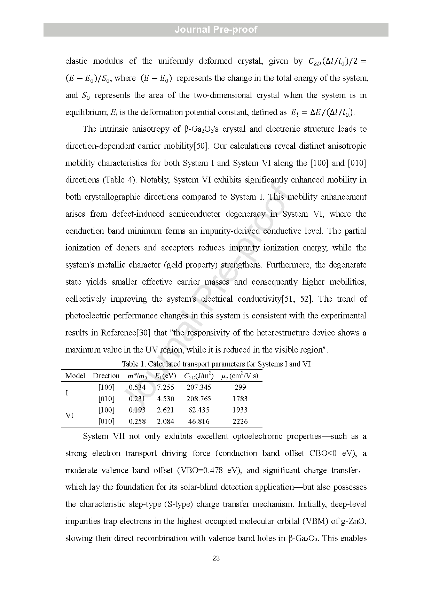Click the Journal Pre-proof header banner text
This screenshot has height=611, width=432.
pyautogui.click(x=216, y=30)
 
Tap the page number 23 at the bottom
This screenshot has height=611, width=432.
pyautogui.click(x=216, y=558)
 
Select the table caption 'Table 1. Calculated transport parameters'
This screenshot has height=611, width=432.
pyautogui.click(x=216, y=364)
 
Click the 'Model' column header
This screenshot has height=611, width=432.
pyautogui.click(x=75, y=376)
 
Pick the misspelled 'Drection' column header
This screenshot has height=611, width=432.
pyautogui.click(x=106, y=376)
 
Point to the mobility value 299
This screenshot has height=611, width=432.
pyautogui.click(x=240, y=387)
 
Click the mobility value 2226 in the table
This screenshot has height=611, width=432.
pyautogui.click(x=240, y=421)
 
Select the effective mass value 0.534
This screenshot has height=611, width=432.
pyautogui.click(x=137, y=387)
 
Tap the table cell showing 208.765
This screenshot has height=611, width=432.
pyautogui.click(x=199, y=399)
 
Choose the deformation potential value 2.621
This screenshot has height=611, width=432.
pyautogui.click(x=165, y=410)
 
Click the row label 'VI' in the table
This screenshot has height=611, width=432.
pyautogui.click(x=70, y=416)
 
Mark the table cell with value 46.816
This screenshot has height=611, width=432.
pyautogui.click(x=199, y=421)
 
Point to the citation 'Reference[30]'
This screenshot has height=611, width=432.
pyautogui.click(x=126, y=333)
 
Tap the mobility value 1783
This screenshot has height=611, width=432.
pyautogui.click(x=240, y=399)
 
